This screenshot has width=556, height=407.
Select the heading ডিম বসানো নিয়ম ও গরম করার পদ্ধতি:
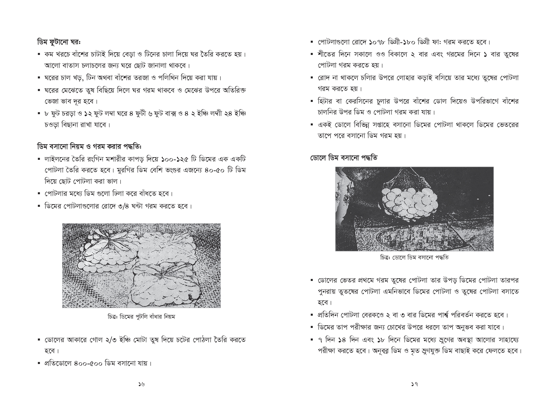click(x=89, y=146)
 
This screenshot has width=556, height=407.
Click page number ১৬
click(x=142, y=384)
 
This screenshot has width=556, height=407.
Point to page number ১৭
click(x=414, y=384)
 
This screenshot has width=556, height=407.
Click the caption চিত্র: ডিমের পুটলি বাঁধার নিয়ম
click(x=142, y=317)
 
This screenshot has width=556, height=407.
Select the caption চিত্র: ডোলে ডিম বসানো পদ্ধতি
click(x=414, y=257)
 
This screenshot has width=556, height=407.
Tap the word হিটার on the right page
click(x=325, y=101)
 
